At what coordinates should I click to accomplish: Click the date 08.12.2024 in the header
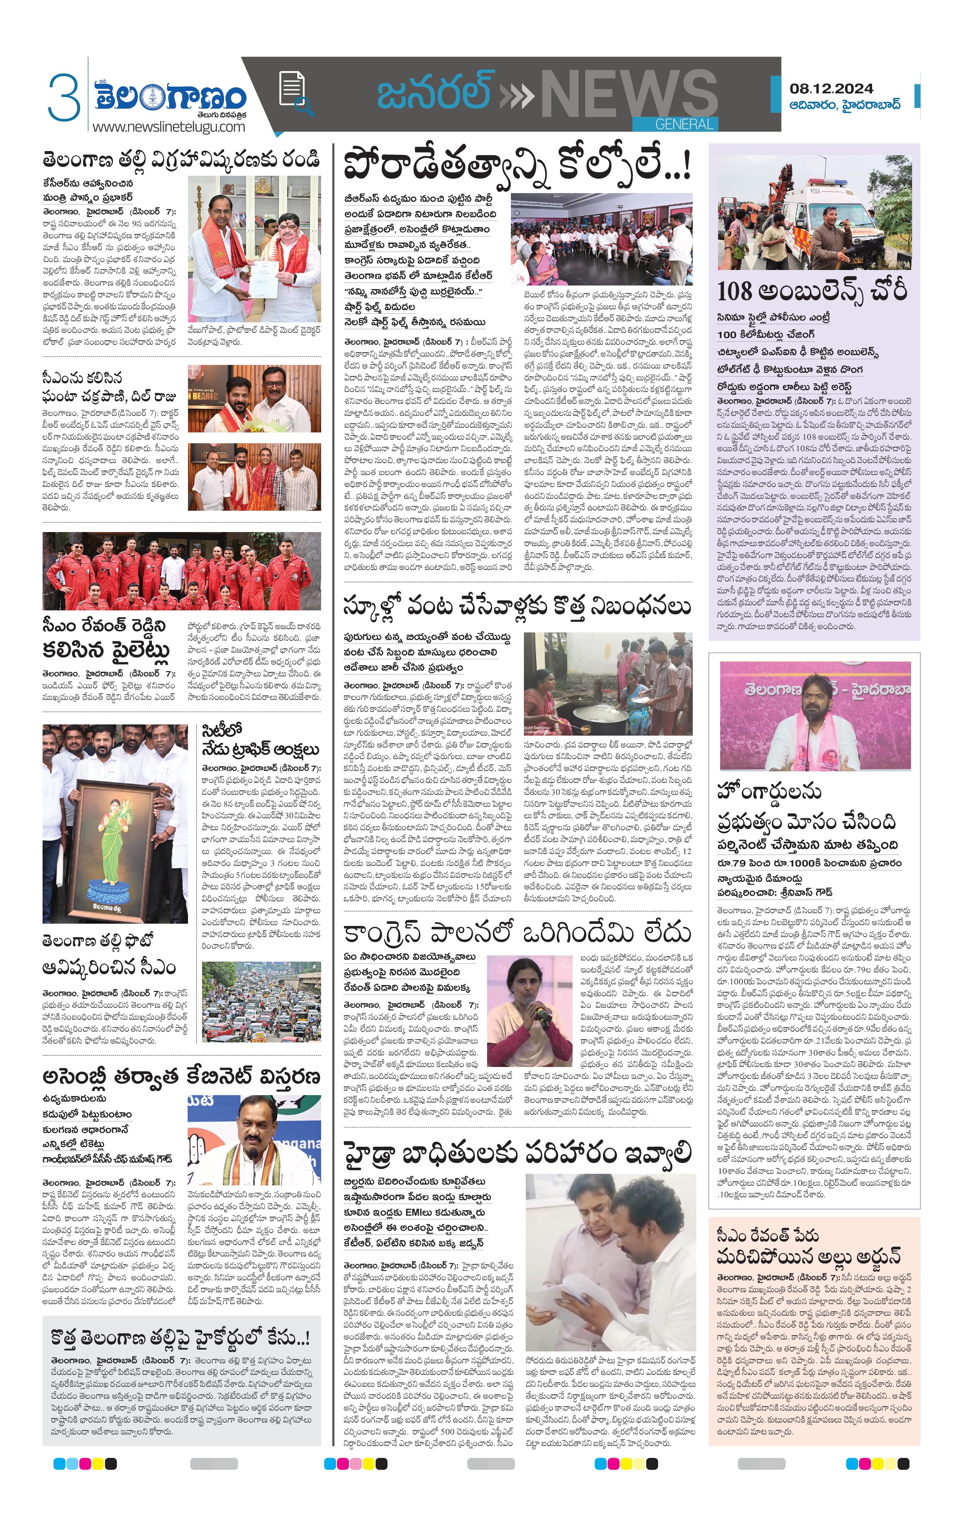pos(831,88)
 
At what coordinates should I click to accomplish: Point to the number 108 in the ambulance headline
pos(738,291)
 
